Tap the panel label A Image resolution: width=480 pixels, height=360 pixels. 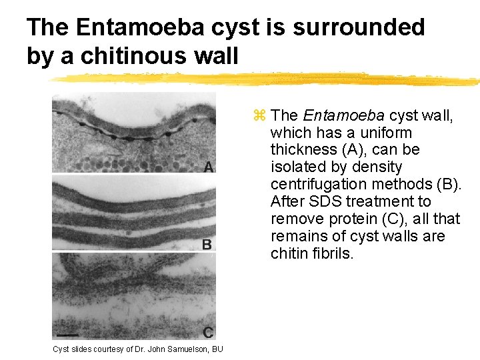tap(209, 168)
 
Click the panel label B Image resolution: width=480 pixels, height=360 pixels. tap(207, 244)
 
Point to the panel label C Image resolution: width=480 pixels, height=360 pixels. tap(208, 332)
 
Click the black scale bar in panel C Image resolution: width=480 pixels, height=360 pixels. tap(67, 333)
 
